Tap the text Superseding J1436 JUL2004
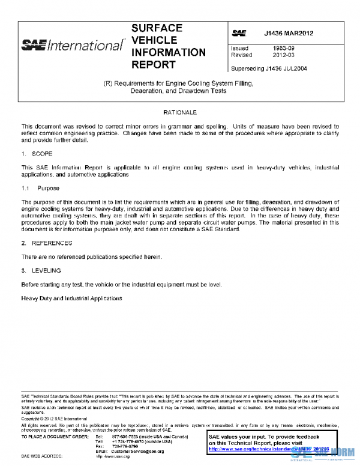coord(269,68)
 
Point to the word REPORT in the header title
coord(153,64)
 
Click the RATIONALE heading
coord(179,112)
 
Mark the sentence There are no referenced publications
coord(91,256)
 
